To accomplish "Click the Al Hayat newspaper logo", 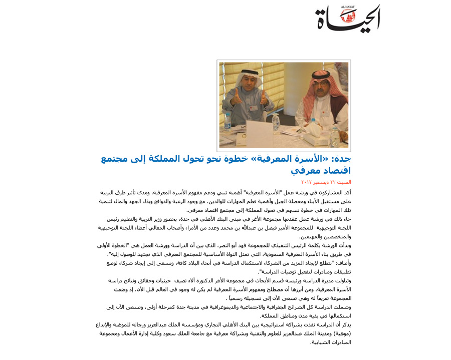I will click(x=348, y=20).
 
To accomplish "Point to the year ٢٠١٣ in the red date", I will click(x=307, y=182).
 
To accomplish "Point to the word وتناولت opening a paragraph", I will click(x=342, y=281).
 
